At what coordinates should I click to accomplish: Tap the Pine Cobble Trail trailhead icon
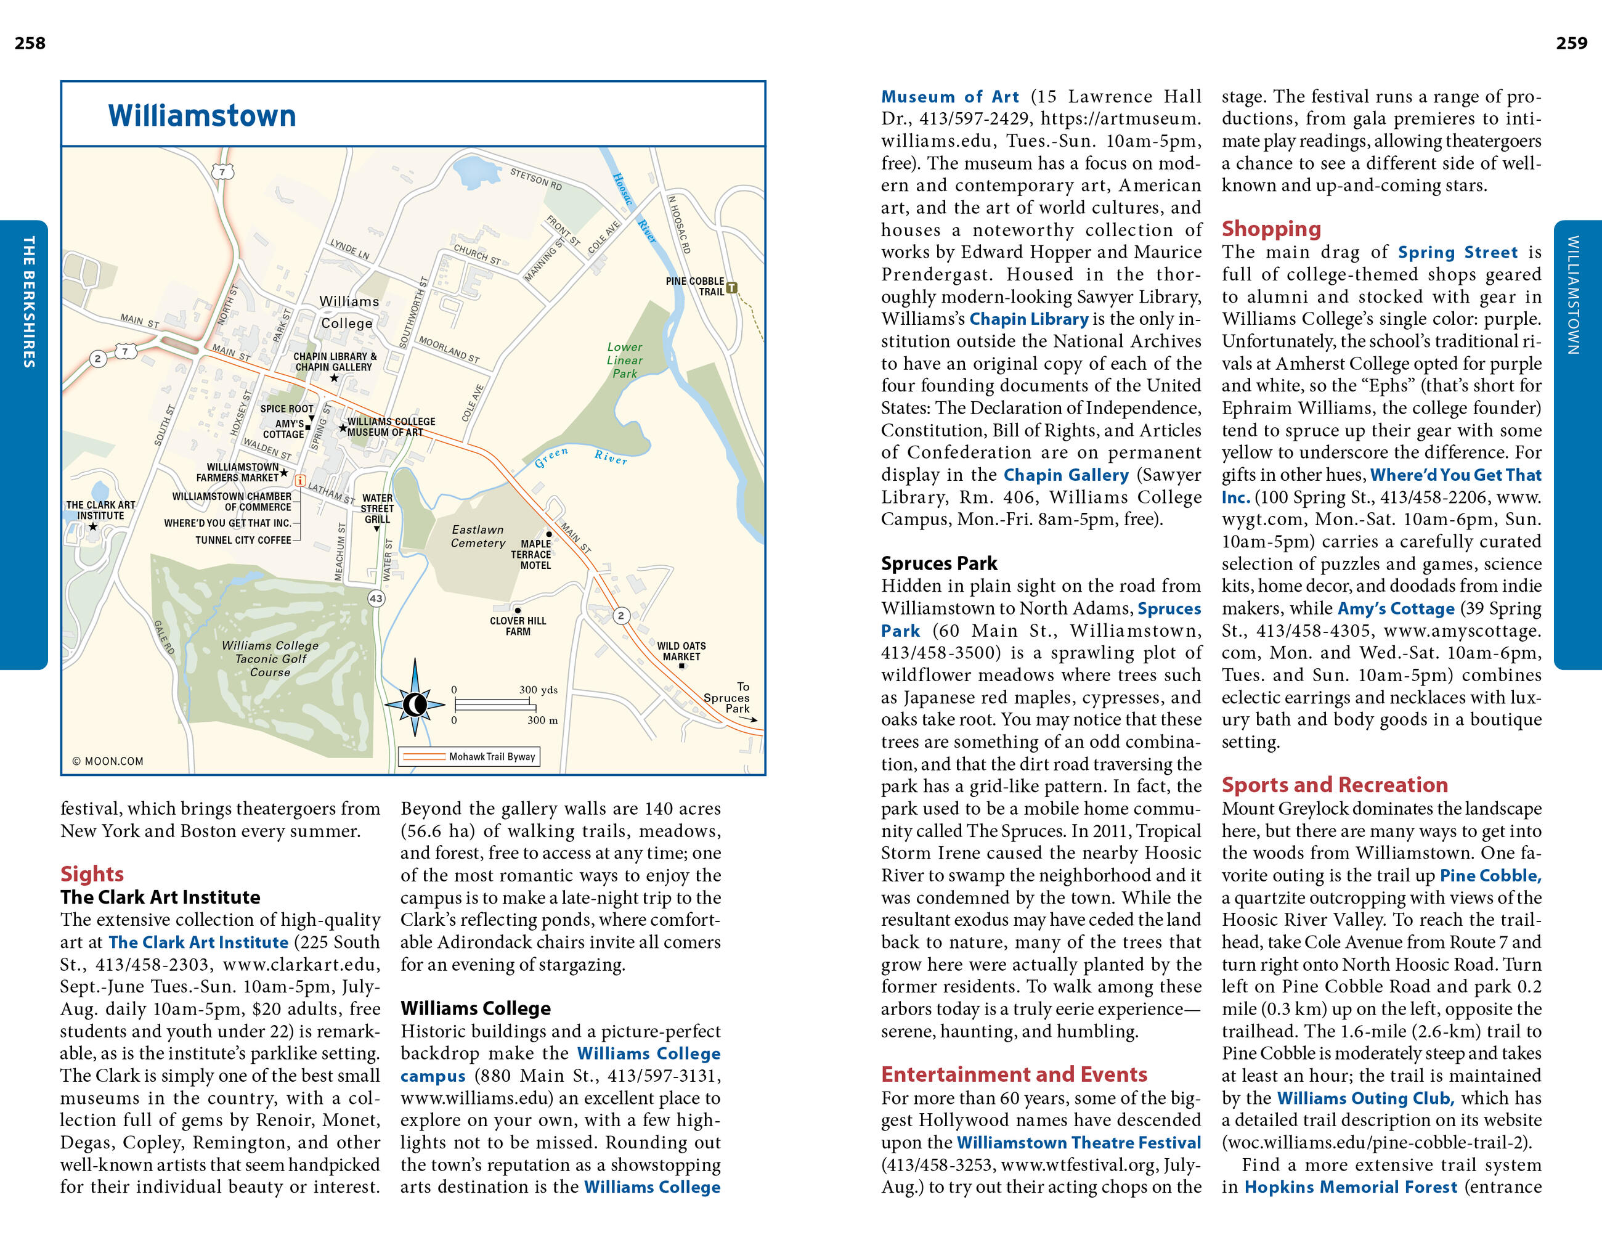[731, 288]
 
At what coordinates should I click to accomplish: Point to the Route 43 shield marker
[376, 598]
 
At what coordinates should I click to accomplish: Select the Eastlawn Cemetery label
[478, 536]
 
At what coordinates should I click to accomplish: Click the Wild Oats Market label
[681, 652]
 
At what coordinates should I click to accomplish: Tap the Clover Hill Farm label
[518, 626]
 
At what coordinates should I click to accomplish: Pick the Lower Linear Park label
[624, 360]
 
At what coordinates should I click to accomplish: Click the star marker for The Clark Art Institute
[93, 527]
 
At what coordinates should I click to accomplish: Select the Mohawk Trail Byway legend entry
[470, 756]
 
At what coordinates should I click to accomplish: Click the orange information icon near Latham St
[300, 481]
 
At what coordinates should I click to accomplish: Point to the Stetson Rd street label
[536, 179]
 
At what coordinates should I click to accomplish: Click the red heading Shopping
[1271, 229]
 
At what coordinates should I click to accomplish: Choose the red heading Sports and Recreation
[1334, 785]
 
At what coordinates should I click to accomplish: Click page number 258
[30, 43]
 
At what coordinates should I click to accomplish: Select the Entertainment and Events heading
[1014, 1075]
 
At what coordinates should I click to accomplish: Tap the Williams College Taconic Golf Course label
[270, 659]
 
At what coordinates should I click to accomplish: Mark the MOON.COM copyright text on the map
[108, 761]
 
